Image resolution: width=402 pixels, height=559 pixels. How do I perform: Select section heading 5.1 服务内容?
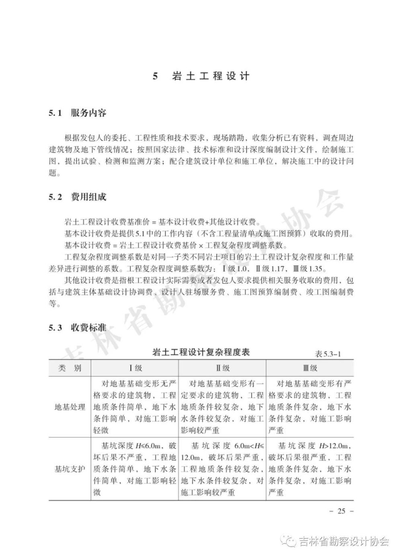pyautogui.click(x=78, y=113)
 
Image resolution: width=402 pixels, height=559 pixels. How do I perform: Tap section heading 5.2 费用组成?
pyautogui.click(x=78, y=197)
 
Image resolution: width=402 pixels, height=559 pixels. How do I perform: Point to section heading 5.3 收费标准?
pyautogui.click(x=78, y=328)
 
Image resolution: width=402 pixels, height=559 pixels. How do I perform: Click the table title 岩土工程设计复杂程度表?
pyautogui.click(x=201, y=352)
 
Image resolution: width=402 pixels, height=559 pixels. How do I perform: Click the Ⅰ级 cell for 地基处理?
pyautogui.click(x=135, y=407)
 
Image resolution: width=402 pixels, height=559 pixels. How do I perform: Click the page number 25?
pyautogui.click(x=341, y=511)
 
